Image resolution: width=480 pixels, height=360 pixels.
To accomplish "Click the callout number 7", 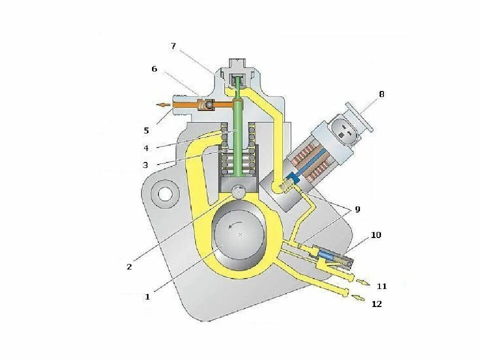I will click(x=173, y=46).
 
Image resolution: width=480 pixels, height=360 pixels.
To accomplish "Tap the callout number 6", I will click(x=154, y=69).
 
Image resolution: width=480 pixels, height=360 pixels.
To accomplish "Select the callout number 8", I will click(x=381, y=94).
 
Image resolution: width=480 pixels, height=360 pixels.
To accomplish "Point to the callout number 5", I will click(x=146, y=131).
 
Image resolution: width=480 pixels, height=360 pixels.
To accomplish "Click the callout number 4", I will click(x=146, y=148).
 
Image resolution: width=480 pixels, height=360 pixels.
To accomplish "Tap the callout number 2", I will click(x=129, y=266).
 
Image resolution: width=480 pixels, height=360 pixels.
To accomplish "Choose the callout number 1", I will click(x=147, y=296).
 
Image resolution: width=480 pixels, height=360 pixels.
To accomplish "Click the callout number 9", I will click(x=357, y=209).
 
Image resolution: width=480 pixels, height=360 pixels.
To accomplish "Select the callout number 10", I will click(x=375, y=235).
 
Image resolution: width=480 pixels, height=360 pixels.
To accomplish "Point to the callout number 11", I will click(x=381, y=286).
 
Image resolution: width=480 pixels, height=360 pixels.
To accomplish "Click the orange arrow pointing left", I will click(x=162, y=105).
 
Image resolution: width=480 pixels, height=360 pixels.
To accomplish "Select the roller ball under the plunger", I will click(x=239, y=191).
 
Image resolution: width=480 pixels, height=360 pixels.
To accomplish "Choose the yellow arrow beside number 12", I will click(x=359, y=298).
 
